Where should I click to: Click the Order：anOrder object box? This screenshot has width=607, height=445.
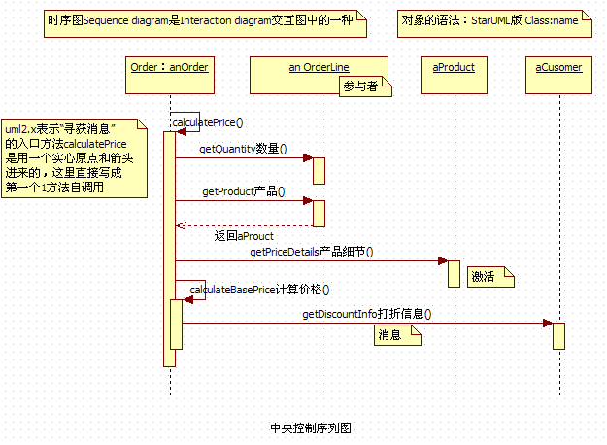click(169, 67)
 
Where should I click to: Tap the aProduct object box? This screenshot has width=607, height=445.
click(454, 67)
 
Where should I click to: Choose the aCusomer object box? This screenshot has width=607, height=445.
click(559, 67)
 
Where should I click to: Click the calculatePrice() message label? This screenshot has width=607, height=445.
click(207, 122)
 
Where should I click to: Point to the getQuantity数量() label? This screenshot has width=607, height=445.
click(244, 149)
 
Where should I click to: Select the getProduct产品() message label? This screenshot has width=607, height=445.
click(244, 191)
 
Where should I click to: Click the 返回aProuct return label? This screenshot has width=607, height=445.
click(244, 235)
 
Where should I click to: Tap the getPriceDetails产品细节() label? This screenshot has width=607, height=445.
click(312, 252)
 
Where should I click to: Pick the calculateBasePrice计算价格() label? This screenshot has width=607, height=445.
click(259, 289)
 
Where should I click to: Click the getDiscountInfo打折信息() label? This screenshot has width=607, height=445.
click(366, 314)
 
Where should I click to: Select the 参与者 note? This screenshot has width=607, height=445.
click(364, 87)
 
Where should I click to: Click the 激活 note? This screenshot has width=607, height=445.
click(489, 277)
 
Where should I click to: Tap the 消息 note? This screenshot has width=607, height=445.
click(397, 335)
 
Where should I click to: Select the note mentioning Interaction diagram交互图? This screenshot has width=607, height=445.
click(205, 19)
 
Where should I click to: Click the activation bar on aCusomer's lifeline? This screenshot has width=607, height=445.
click(559, 335)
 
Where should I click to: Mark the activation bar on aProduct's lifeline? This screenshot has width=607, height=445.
click(454, 273)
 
